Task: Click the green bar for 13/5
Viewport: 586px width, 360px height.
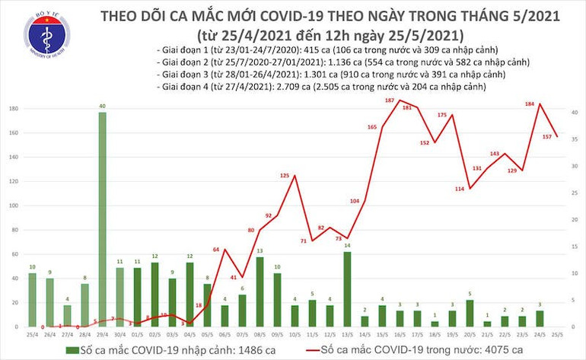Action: [347, 288]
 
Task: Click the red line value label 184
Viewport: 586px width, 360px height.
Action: [539, 105]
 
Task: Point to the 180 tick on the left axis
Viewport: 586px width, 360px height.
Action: [13, 110]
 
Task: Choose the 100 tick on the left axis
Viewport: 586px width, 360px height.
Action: [13, 206]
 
